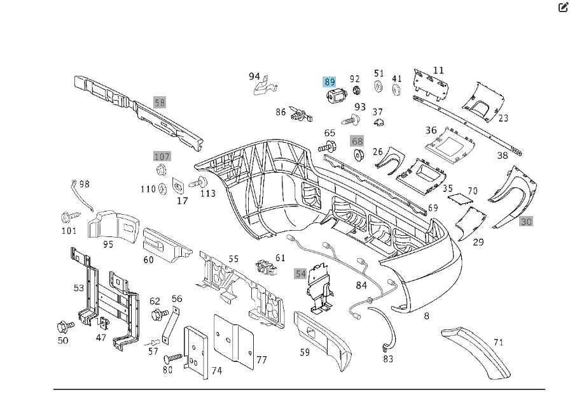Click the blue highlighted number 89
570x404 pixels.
point(330,82)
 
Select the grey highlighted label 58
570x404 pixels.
point(160,102)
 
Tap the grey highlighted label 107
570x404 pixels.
point(162,156)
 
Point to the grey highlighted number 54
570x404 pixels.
point(300,273)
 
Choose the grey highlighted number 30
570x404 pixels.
point(526,222)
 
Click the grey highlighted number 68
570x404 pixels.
point(357,141)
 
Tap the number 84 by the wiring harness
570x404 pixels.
point(361,285)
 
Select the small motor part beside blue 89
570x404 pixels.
point(335,97)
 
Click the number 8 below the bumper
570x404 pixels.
point(426,315)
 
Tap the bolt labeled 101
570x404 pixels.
point(68,216)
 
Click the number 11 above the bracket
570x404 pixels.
point(438,70)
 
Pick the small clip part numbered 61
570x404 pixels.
point(268,266)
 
